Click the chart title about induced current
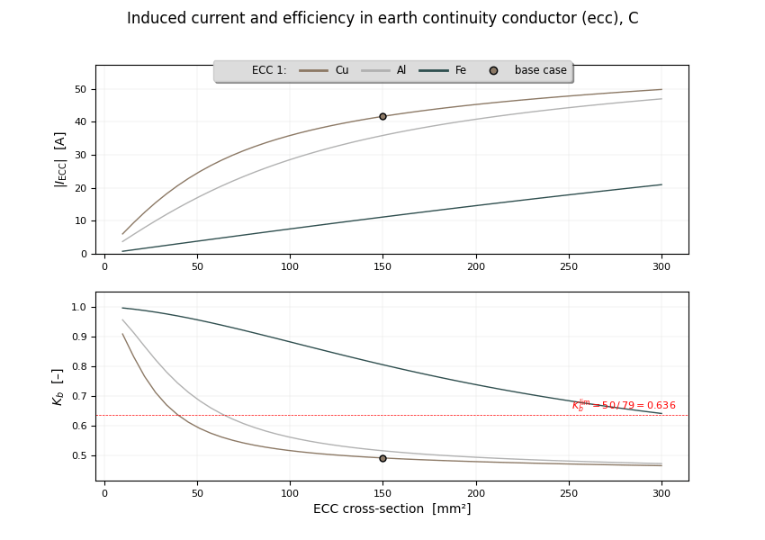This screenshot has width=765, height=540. click(x=382, y=19)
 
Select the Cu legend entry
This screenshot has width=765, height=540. click(x=341, y=70)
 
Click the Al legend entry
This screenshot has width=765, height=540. click(x=401, y=70)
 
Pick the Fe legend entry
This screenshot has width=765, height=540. click(x=461, y=70)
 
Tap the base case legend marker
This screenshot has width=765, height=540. click(x=493, y=70)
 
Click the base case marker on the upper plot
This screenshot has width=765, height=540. click(x=382, y=116)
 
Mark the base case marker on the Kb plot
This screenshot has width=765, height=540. click(x=382, y=458)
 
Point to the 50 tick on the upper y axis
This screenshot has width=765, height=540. click(x=80, y=89)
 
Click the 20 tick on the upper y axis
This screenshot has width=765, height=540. click(x=80, y=188)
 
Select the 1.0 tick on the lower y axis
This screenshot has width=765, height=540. click(x=79, y=307)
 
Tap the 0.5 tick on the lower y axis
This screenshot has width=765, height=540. click(x=79, y=455)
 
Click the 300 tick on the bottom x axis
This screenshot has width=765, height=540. click(x=661, y=493)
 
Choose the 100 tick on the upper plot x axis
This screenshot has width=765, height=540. click(x=290, y=266)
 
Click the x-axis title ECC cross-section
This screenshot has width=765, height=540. click(x=391, y=509)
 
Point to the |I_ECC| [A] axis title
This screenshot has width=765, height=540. click(x=60, y=159)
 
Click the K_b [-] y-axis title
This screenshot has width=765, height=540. click(x=58, y=386)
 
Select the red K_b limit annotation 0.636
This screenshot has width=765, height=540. click(x=624, y=405)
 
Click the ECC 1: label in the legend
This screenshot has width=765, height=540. click(x=269, y=70)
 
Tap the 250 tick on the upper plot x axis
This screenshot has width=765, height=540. click(x=569, y=266)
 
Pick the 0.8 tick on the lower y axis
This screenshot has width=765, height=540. click(x=79, y=366)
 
